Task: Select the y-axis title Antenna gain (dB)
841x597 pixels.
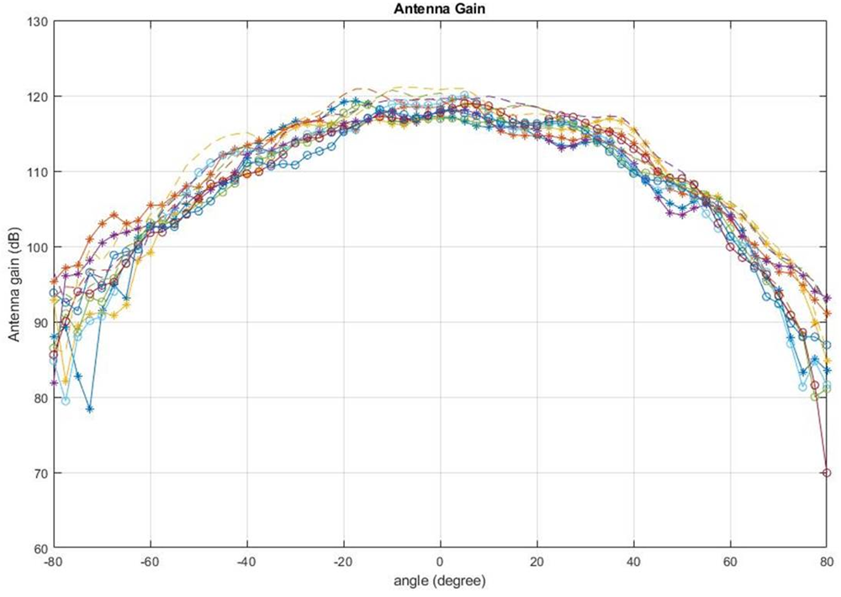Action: pos(14,285)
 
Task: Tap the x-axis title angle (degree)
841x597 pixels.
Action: pos(440,580)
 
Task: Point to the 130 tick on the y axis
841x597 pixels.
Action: pos(38,21)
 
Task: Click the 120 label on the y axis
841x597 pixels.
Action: pos(38,97)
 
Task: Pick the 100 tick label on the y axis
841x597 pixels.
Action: pos(38,247)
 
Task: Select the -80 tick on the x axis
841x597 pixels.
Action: pos(53,562)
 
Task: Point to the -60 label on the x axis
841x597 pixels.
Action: pos(150,562)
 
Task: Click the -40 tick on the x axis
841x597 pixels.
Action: pos(246,562)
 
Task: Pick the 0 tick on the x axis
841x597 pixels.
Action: pos(440,562)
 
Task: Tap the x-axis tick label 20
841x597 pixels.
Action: pos(537,562)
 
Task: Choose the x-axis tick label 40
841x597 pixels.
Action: pos(633,562)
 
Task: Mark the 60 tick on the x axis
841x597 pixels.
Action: pos(730,562)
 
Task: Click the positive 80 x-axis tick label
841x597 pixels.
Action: pos(827,562)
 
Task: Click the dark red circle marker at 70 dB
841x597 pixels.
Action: pos(827,473)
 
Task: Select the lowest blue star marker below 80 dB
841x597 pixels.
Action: pos(89,409)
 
